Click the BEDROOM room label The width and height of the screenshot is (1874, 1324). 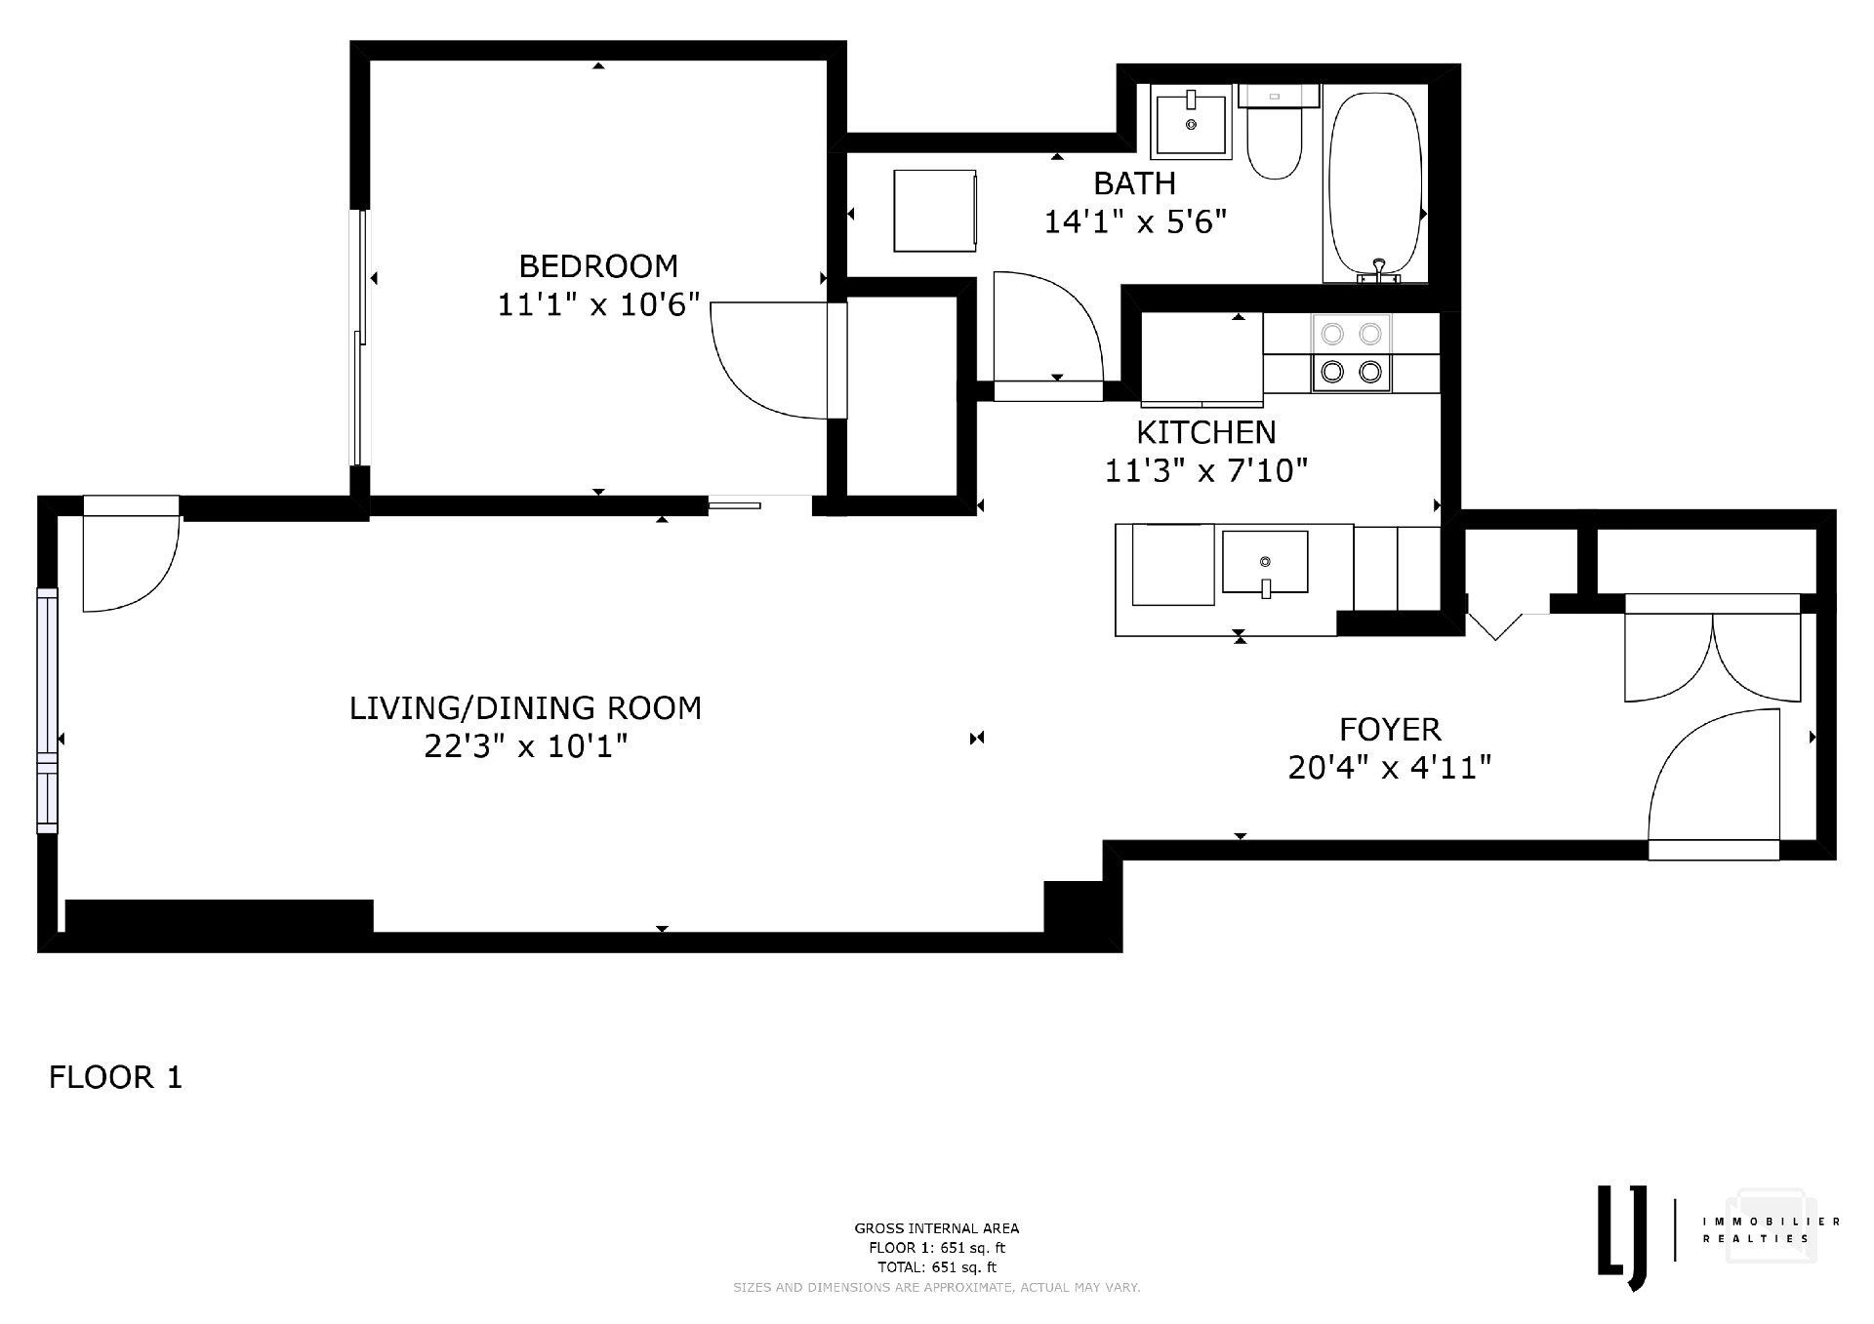(598, 266)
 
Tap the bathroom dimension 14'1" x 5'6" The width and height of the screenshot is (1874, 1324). (1134, 222)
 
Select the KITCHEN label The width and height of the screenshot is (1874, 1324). (1205, 432)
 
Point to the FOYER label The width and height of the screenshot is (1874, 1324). (1390, 730)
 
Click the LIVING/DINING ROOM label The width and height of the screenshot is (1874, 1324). (525, 707)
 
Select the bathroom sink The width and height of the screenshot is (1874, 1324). (1191, 121)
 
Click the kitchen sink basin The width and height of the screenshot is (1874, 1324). (1265, 563)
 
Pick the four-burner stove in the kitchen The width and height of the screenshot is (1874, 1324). (1352, 352)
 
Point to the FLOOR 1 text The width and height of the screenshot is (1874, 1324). (116, 1078)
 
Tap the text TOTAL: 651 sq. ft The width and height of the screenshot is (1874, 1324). (937, 1267)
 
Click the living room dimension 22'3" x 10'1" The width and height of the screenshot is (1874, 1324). (525, 746)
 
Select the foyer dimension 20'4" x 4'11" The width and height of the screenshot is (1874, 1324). (1390, 769)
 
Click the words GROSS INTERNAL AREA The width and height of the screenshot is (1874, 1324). (937, 1228)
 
